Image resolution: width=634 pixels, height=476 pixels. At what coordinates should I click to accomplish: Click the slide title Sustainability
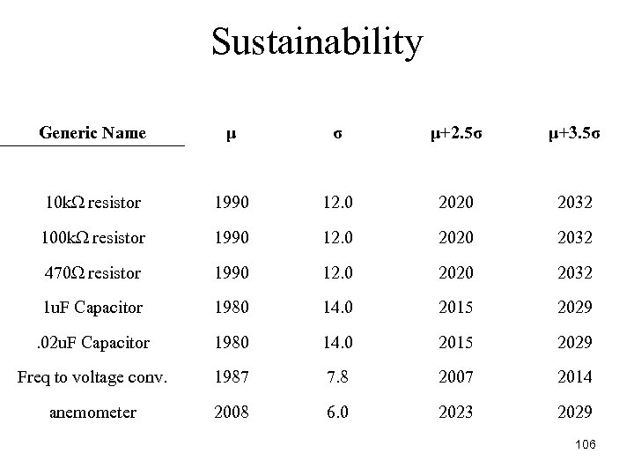[x=317, y=42]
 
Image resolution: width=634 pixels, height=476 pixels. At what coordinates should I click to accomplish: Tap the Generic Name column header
[x=92, y=134]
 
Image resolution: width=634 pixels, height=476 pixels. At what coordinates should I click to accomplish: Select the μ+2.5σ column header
[x=458, y=134]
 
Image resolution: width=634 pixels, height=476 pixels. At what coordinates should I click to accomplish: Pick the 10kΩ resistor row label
[x=92, y=204]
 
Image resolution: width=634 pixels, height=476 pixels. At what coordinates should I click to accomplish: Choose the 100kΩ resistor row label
[x=92, y=238]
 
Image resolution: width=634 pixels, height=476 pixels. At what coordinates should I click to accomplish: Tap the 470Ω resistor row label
[x=92, y=273]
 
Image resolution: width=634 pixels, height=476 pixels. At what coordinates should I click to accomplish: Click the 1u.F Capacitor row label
[x=92, y=308]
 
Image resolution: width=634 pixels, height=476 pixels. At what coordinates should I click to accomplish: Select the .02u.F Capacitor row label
[x=92, y=343]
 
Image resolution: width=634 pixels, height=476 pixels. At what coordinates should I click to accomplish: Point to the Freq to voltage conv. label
[x=92, y=377]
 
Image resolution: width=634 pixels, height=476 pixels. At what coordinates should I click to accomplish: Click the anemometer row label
[x=92, y=413]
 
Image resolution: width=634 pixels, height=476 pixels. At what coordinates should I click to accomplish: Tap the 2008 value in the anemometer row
[x=230, y=413]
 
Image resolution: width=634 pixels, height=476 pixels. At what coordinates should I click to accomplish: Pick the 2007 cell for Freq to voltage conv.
[x=458, y=377]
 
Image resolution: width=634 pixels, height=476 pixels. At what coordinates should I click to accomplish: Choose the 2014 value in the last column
[x=575, y=377]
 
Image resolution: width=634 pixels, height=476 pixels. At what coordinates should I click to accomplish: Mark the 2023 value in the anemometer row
[x=458, y=413]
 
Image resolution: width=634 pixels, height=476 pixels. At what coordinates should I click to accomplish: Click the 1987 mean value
[x=230, y=377]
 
